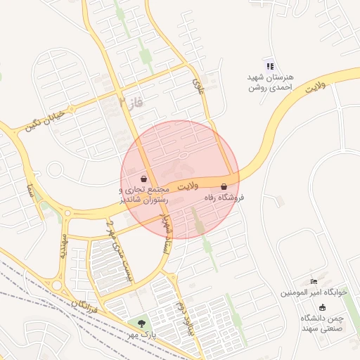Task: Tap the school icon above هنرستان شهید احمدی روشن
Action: [x=270, y=66]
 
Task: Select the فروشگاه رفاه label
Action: [x=224, y=199]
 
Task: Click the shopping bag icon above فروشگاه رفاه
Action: [x=224, y=187]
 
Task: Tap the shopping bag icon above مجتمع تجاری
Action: [x=144, y=178]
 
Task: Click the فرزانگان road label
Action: [x=85, y=305]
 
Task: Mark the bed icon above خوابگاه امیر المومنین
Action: [x=314, y=282]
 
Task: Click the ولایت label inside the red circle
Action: [x=188, y=186]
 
